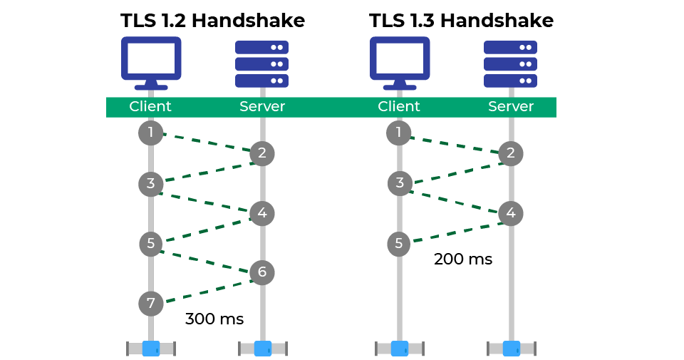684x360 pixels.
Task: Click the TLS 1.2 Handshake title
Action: [212, 21]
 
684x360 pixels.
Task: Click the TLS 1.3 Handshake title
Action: [461, 21]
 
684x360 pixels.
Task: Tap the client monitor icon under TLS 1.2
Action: [151, 63]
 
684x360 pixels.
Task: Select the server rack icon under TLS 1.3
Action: [510, 63]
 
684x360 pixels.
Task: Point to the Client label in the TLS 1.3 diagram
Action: [399, 106]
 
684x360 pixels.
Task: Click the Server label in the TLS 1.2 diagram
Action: [262, 106]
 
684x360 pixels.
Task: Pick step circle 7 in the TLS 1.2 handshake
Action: [151, 303]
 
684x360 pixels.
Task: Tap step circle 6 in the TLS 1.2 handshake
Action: [262, 272]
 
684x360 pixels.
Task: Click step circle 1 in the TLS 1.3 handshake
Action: [399, 133]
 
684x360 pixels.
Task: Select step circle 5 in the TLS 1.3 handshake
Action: [399, 244]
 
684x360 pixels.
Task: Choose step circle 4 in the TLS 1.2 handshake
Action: [262, 213]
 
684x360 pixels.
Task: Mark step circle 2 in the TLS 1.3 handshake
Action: [511, 153]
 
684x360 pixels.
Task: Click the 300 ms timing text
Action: [214, 319]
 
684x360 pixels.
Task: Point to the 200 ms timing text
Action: [463, 259]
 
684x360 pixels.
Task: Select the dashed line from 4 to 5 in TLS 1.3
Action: [457, 232]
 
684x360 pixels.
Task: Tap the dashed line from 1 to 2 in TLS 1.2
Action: [207, 143]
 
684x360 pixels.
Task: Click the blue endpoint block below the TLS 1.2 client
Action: [151, 349]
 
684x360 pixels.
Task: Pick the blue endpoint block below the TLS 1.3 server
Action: [512, 349]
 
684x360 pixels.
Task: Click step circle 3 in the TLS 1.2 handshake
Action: [151, 184]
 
